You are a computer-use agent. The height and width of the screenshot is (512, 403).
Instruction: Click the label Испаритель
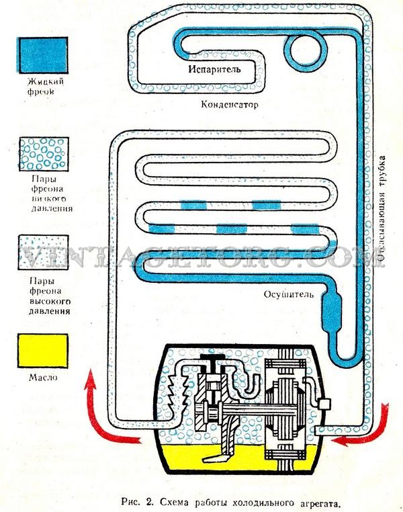coord(215,69)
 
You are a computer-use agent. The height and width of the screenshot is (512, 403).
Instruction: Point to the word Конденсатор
coord(229,105)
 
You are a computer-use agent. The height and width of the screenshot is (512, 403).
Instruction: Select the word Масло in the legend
coord(42,378)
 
